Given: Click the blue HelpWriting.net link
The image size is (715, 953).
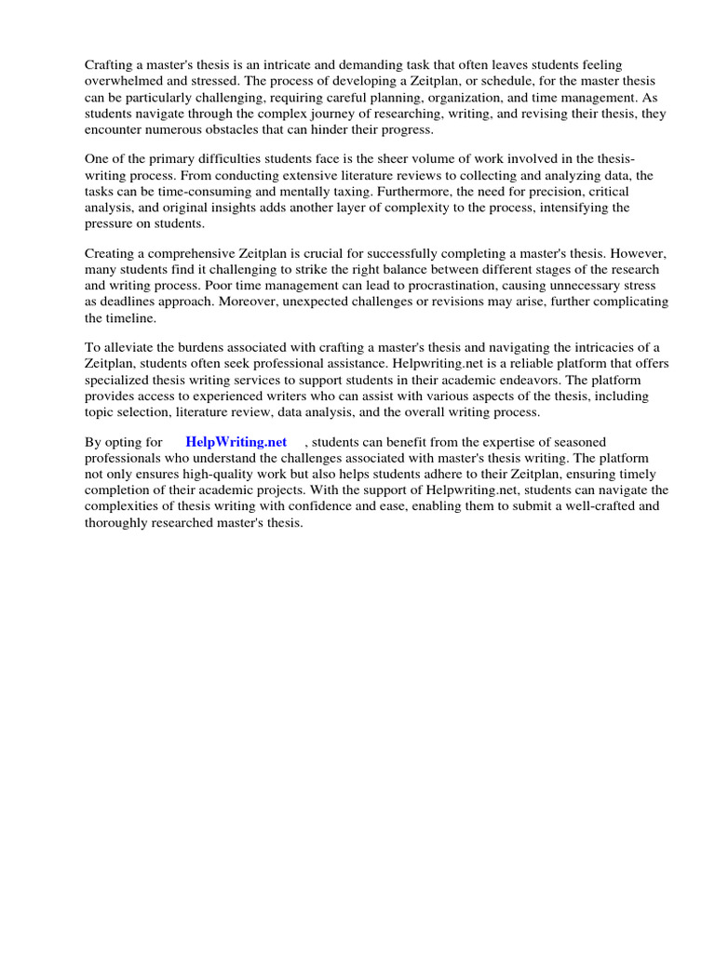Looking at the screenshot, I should (236, 442).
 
